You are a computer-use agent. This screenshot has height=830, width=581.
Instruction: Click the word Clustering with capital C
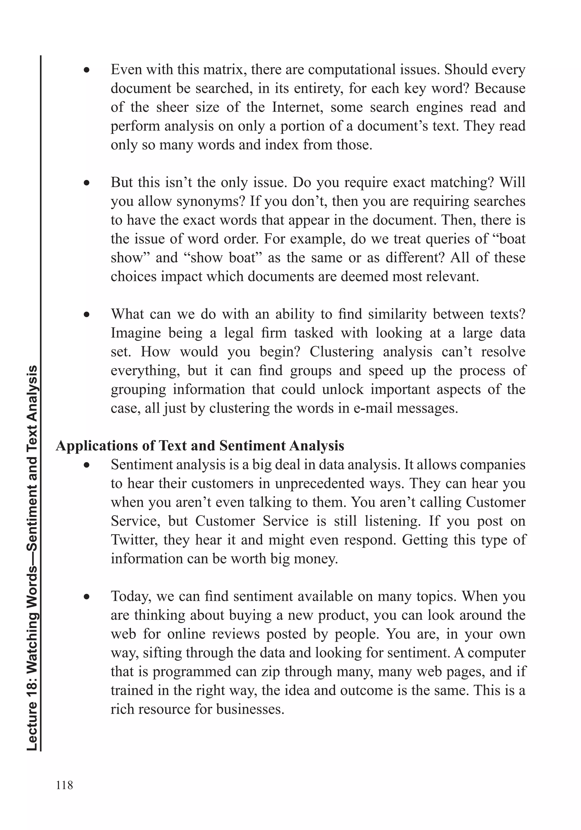342,352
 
